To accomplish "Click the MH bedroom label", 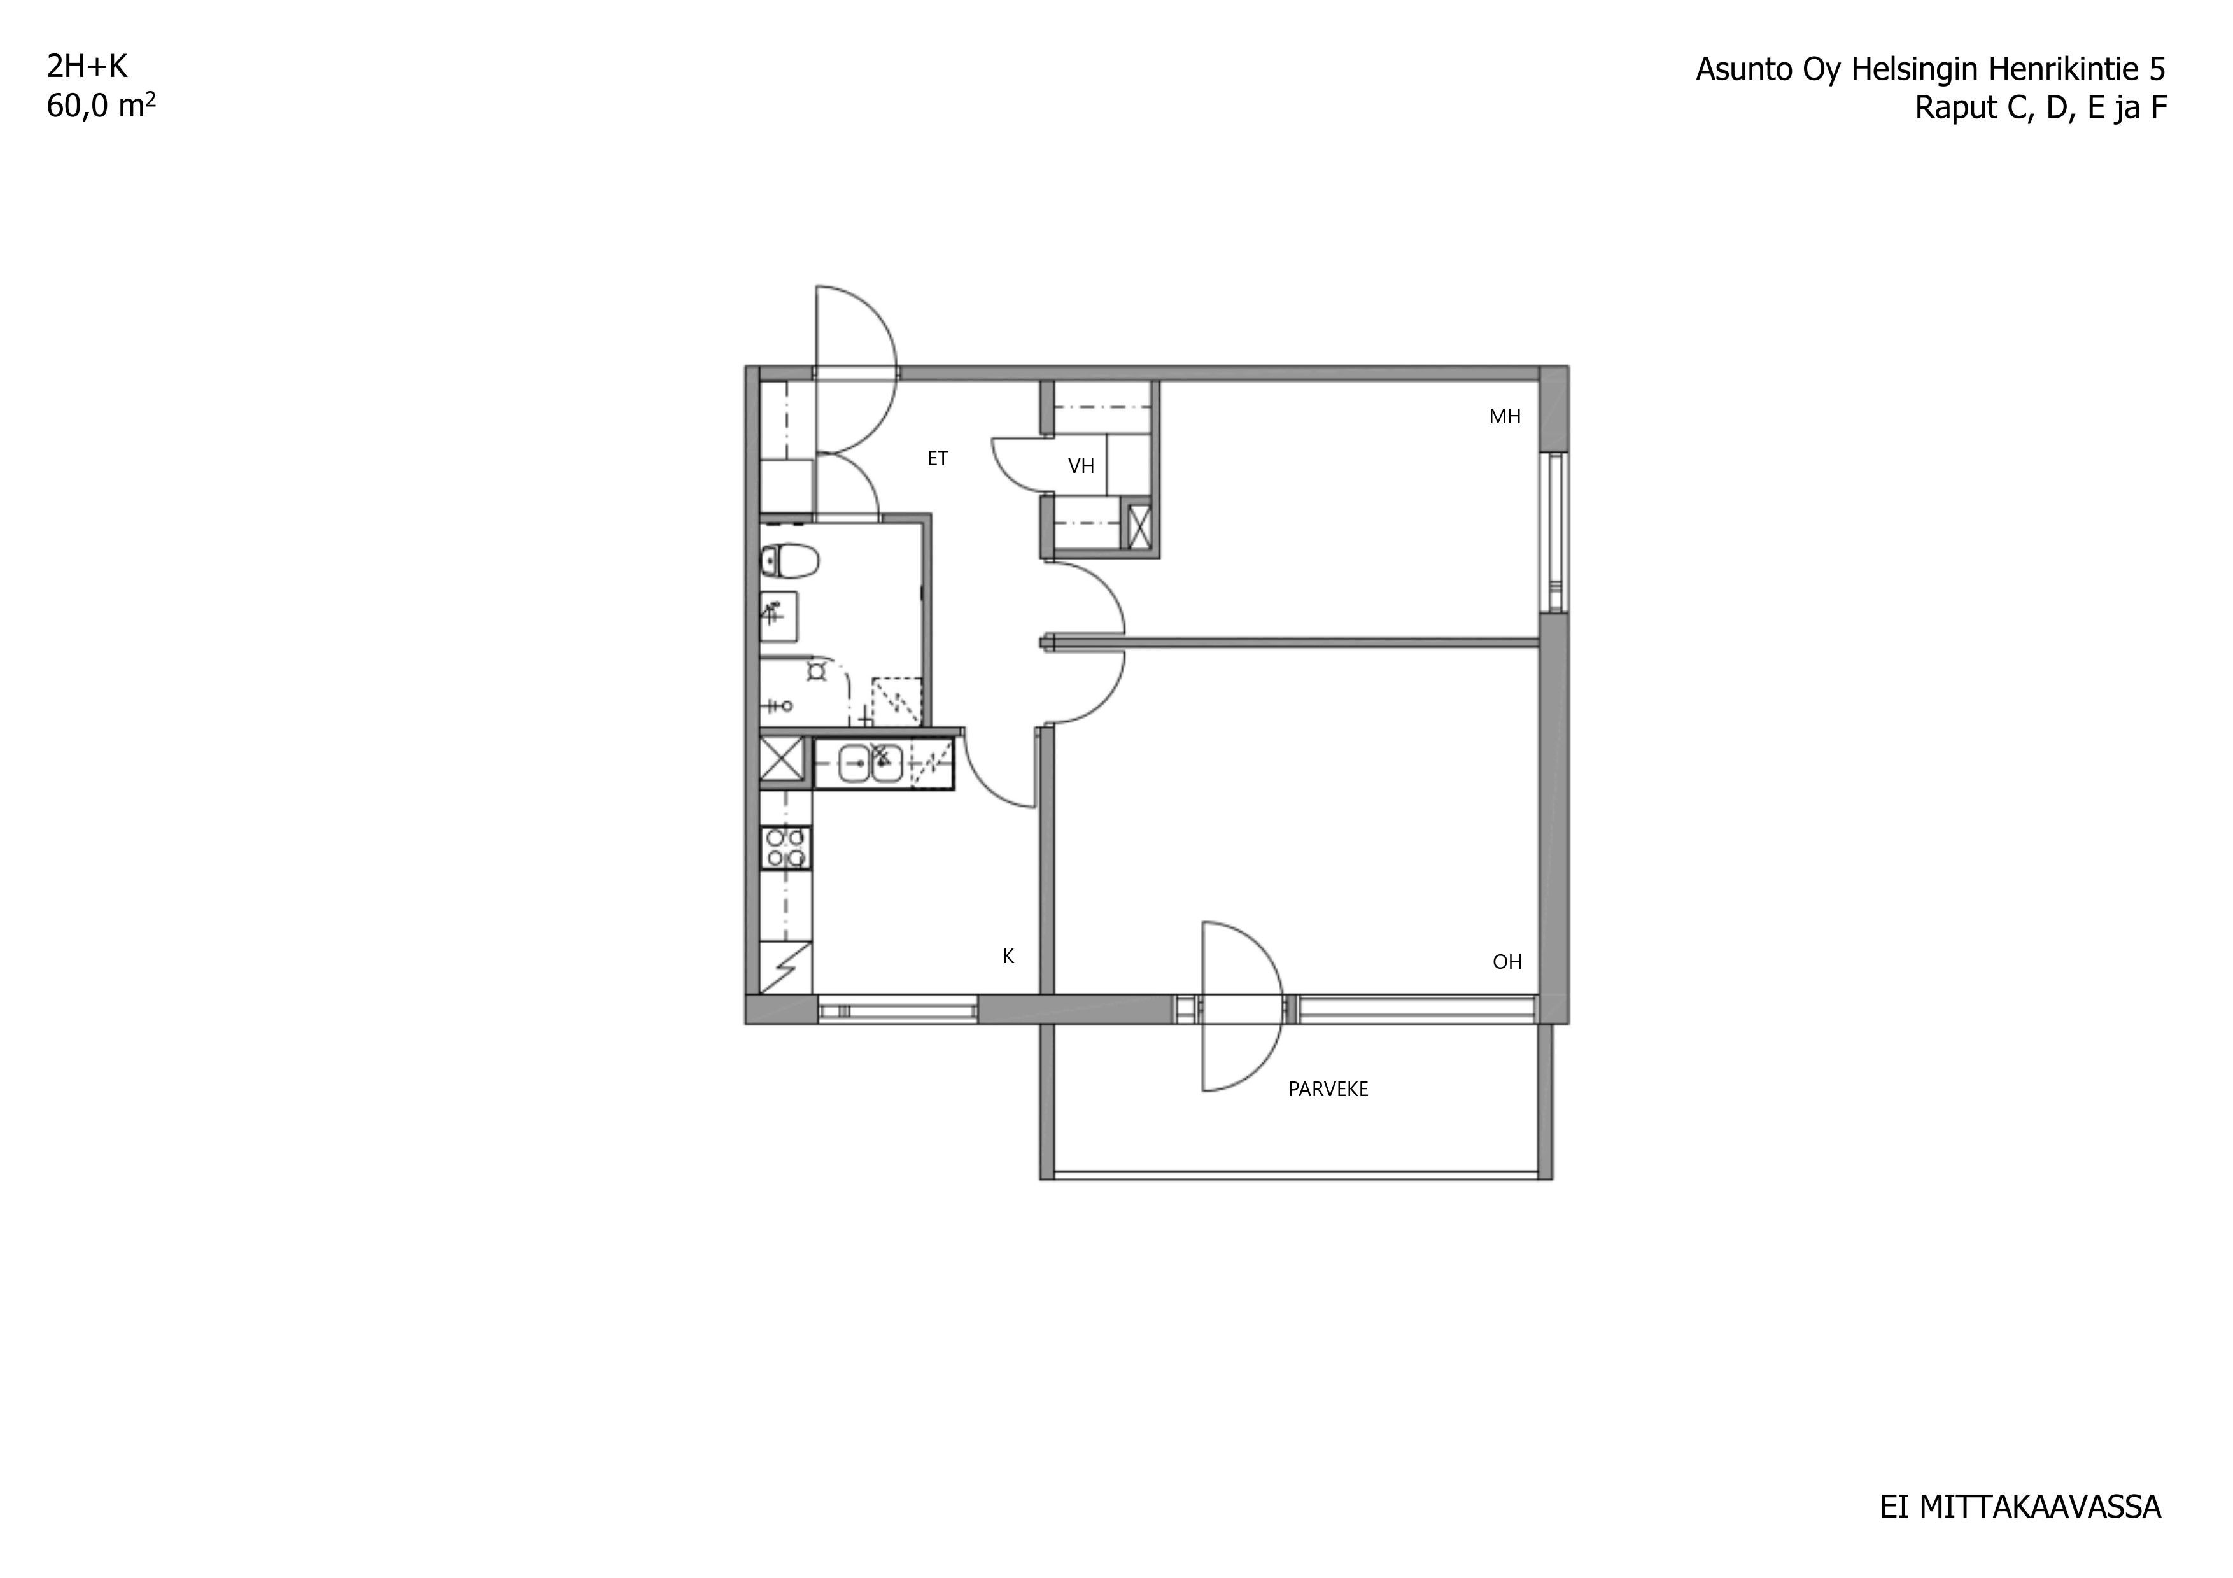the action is (1505, 417).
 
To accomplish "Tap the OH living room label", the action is (1507, 962).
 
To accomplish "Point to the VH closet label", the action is (1081, 467).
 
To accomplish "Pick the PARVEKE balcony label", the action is (1328, 1090).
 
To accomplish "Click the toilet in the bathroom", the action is (790, 561).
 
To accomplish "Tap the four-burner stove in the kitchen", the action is (786, 847).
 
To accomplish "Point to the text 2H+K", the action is (87, 66).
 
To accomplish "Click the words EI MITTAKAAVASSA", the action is (2020, 1507).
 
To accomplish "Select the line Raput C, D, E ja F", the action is (2040, 108).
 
